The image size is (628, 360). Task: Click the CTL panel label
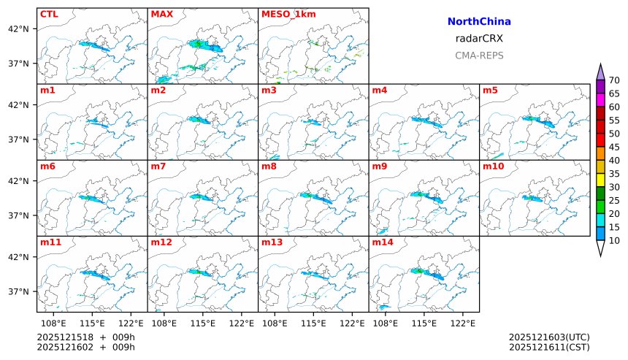49,14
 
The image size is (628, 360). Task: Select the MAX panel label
161,14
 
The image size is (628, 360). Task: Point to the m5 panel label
489,91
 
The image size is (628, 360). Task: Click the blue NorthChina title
479,22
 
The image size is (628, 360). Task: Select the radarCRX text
479,39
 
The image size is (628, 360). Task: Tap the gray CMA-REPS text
479,55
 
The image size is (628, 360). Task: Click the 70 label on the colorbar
614,80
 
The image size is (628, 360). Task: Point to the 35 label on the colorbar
614,174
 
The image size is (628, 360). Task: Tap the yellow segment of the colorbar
600,180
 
